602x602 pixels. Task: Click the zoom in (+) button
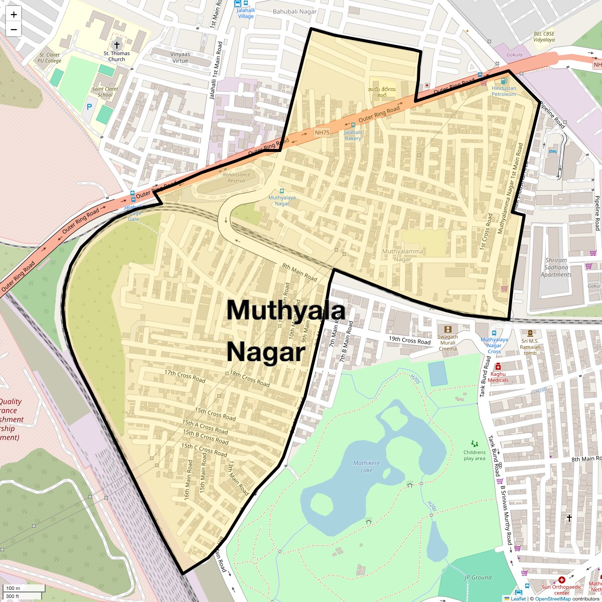pos(14,15)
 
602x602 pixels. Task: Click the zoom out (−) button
pos(14,30)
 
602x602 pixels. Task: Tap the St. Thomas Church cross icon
pos(117,45)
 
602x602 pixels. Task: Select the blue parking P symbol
pos(89,106)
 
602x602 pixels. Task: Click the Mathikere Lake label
pos(367,467)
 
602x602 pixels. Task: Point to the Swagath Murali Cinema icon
pos(447,329)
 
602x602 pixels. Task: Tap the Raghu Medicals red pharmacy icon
pos(498,367)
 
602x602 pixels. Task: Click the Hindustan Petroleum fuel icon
pos(504,80)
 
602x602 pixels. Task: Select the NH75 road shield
pos(322,132)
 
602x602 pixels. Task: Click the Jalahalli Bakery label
pos(353,135)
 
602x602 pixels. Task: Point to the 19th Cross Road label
pos(409,341)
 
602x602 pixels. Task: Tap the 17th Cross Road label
pos(185,376)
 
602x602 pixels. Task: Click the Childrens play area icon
pos(475,443)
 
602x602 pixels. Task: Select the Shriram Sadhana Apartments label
pos(556,267)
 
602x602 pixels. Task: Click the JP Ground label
pos(478,577)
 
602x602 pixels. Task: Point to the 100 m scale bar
pos(25,588)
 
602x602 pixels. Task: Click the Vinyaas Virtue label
pos(180,57)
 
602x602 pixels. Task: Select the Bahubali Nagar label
pos(294,12)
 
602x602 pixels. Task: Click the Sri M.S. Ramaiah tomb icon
pos(530,333)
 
